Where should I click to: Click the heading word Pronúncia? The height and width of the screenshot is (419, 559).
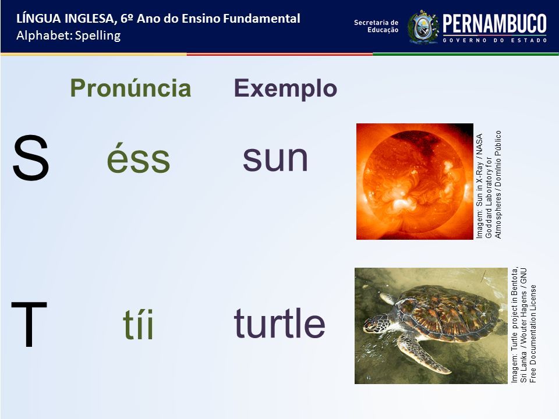click(130, 88)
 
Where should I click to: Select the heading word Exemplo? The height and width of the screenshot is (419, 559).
click(285, 89)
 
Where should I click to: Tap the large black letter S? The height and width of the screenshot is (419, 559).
click(30, 158)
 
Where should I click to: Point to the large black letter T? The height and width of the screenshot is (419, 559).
click(29, 324)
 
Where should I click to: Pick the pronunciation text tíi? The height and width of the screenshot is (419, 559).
click(139, 324)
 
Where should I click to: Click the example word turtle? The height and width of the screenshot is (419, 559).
click(279, 322)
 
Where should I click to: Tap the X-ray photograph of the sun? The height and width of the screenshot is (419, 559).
click(415, 182)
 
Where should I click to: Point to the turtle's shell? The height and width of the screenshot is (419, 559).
click(449, 313)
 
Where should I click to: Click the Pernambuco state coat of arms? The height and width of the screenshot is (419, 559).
click(423, 27)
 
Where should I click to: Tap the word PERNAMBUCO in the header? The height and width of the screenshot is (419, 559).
click(494, 23)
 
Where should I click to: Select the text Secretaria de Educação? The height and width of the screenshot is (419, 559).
click(376, 26)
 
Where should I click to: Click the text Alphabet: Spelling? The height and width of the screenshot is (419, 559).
click(69, 35)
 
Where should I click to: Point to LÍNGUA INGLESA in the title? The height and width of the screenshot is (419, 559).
click(66, 19)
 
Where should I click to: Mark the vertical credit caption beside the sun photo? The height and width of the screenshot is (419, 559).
click(489, 184)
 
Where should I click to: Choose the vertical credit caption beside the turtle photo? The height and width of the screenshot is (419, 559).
click(523, 325)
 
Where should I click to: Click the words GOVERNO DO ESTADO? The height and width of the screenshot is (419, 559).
click(495, 40)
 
